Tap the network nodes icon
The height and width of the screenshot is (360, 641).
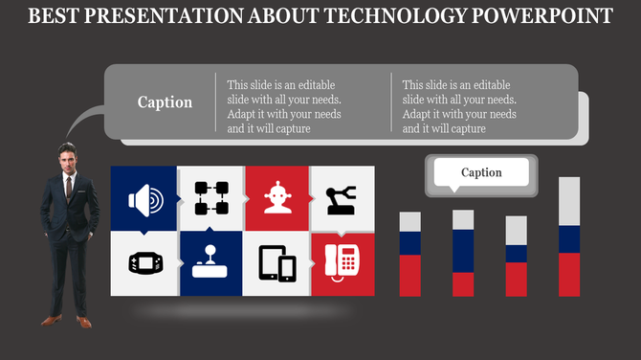(211, 198)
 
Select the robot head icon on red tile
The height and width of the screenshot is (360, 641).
(277, 198)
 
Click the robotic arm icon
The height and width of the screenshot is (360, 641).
(342, 199)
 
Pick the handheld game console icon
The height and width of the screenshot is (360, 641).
(144, 262)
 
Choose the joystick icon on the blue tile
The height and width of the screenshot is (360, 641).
(210, 262)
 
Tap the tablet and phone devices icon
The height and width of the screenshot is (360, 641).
(277, 263)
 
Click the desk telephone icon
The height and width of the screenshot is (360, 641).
(342, 260)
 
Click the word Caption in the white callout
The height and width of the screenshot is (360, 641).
(481, 172)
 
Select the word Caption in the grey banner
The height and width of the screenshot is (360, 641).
(165, 102)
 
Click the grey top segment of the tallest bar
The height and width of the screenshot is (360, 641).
(569, 201)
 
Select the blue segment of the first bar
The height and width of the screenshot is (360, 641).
(409, 243)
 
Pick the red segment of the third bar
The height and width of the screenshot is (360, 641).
(516, 280)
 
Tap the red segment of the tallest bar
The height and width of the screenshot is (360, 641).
(569, 275)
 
